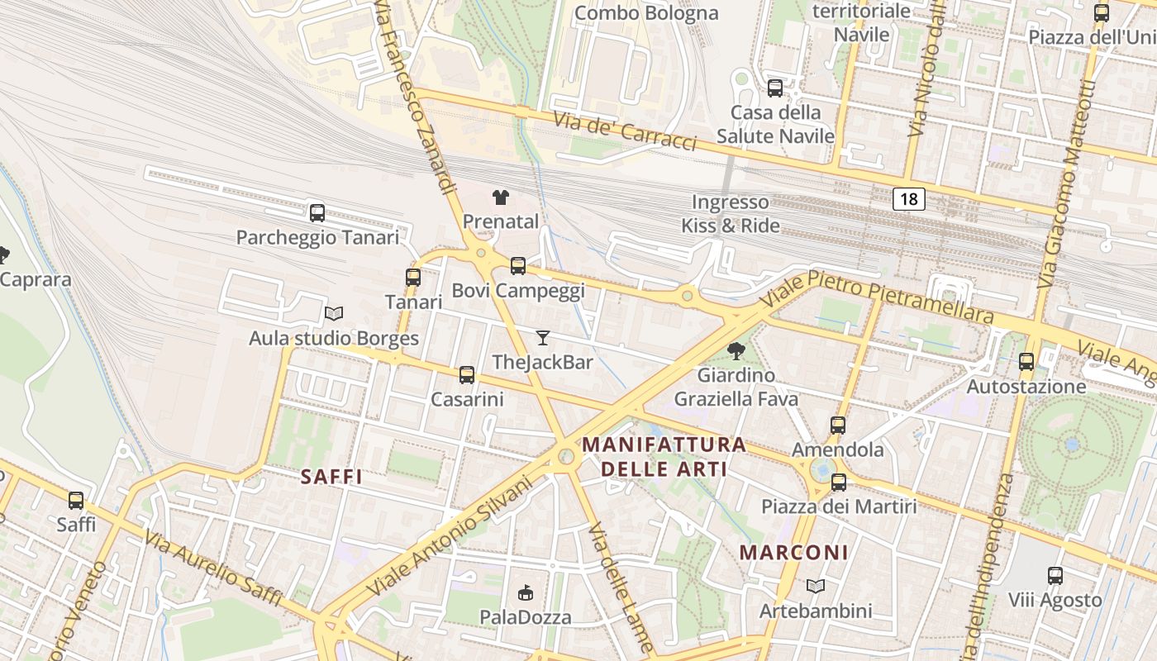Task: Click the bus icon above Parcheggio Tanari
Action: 317,213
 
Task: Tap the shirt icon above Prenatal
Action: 501,197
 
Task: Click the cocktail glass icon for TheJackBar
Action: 542,337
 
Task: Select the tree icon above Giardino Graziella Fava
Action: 736,351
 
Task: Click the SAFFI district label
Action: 332,477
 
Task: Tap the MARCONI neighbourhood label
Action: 793,553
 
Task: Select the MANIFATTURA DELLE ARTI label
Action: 664,457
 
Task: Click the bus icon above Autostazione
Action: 1026,362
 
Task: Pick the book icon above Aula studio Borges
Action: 334,314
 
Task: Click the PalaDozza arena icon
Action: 525,592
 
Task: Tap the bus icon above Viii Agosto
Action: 1055,576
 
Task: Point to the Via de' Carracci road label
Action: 626,132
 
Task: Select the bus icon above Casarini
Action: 467,375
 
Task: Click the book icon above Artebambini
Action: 816,587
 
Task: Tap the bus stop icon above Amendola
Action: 838,426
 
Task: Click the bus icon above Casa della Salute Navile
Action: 775,88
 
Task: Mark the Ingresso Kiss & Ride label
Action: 730,213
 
